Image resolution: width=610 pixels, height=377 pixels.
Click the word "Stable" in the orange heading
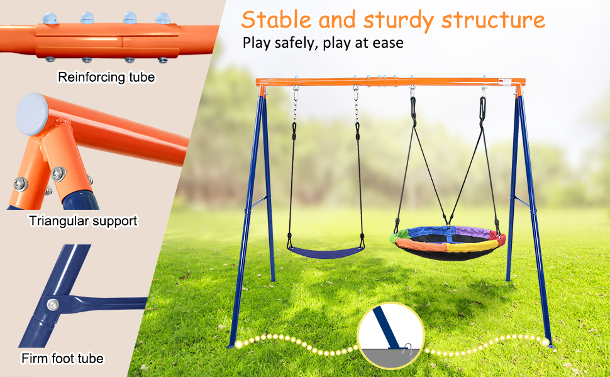[x=277, y=20]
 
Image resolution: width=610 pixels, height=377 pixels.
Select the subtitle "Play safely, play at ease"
[x=323, y=43]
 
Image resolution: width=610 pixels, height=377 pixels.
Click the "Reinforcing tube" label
[x=106, y=77]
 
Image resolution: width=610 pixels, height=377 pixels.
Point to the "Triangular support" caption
[x=82, y=221]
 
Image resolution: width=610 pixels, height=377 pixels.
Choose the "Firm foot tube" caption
[x=62, y=359]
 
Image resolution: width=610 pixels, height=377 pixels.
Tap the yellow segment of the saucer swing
[x=470, y=246]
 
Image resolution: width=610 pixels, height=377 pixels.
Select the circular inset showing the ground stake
[x=391, y=336]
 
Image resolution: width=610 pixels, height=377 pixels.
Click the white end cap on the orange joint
[x=32, y=113]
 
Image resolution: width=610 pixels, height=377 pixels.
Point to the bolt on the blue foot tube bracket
[x=52, y=305]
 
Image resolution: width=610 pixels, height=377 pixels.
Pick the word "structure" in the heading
[x=492, y=20]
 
